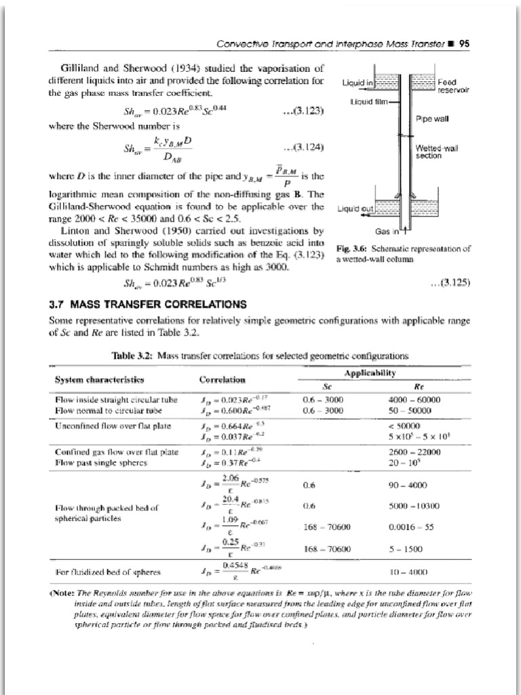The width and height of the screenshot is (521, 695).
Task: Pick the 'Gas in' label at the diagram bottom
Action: (x=387, y=231)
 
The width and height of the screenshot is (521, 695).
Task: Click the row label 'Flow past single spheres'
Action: (x=94, y=462)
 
